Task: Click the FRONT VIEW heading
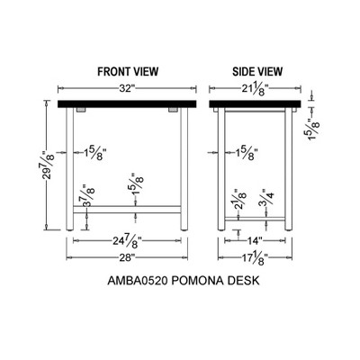coord(128,72)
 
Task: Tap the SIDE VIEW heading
coord(257,72)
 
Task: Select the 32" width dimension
coord(127,88)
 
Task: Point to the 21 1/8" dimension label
coord(255,89)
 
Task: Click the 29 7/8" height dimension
coord(48,166)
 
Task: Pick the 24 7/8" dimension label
coord(127,241)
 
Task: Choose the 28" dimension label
coord(127,257)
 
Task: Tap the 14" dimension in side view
coord(255,240)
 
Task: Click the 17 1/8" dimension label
coord(255,258)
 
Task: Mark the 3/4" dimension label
coord(266,197)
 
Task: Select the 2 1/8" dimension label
coord(239,199)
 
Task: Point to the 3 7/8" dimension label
coord(88,195)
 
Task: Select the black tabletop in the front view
coord(127,104)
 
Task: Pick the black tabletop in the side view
coord(255,104)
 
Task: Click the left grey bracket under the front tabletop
coord(81,110)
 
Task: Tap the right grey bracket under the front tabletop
coord(173,110)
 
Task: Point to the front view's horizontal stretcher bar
coord(127,210)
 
